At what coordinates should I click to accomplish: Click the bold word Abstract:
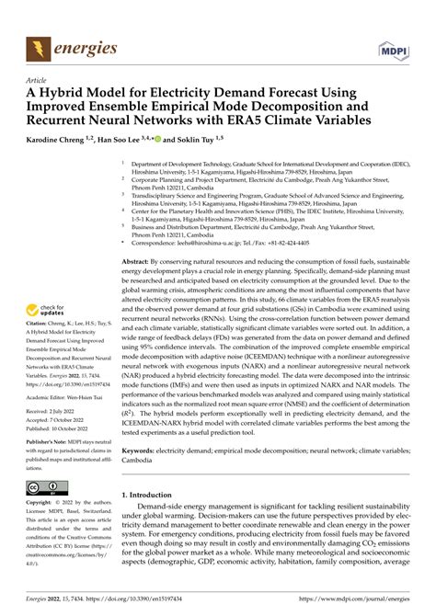tap(141, 261)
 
